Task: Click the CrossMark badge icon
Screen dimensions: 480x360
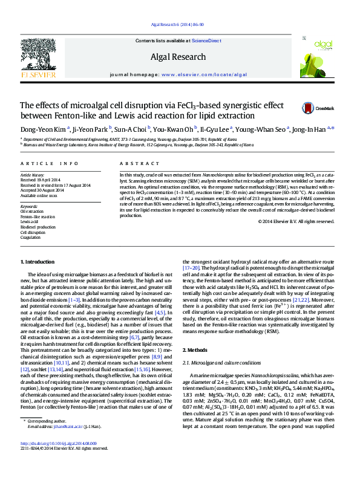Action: click(x=309, y=108)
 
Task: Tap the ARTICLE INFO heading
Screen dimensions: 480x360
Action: click(x=50, y=164)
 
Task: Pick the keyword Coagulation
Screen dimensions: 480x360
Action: click(x=31, y=238)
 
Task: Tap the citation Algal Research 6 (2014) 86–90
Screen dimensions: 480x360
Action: click(x=180, y=25)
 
